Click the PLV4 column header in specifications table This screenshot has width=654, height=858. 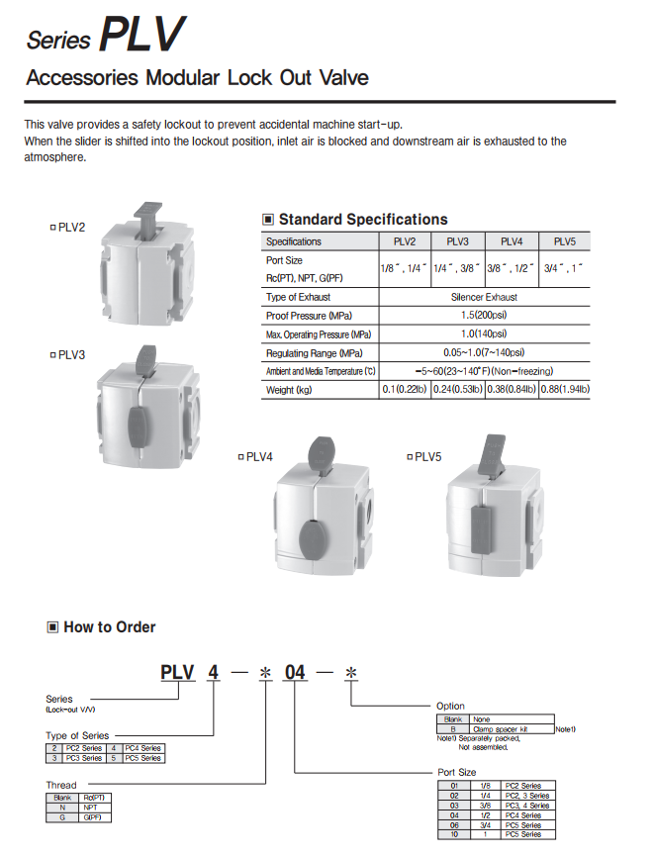(511, 241)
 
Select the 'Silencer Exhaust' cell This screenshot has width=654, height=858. (485, 297)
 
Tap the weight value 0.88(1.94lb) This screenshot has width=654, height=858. (564, 390)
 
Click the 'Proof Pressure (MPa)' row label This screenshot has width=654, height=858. (311, 316)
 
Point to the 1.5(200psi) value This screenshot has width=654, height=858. (485, 316)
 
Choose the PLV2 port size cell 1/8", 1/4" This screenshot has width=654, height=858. (405, 269)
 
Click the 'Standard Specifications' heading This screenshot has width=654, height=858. (362, 220)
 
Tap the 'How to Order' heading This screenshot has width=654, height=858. (109, 626)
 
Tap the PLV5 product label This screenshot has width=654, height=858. (428, 456)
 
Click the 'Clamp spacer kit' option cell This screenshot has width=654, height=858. (500, 729)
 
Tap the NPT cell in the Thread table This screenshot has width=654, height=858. (92, 808)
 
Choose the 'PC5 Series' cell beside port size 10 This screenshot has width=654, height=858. (523, 833)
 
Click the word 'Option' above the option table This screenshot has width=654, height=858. (450, 707)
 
